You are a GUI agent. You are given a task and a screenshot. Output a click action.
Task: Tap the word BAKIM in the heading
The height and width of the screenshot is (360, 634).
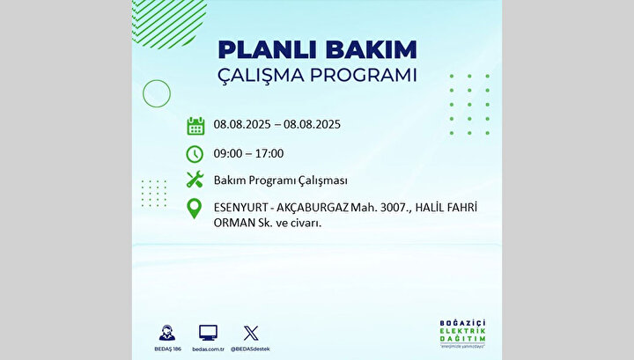(x=372, y=50)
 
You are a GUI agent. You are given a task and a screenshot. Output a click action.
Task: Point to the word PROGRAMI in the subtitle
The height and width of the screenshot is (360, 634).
(x=363, y=75)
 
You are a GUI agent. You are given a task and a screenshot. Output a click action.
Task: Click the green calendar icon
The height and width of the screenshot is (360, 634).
(x=195, y=126)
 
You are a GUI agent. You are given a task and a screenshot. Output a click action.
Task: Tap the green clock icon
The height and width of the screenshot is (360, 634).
(x=195, y=154)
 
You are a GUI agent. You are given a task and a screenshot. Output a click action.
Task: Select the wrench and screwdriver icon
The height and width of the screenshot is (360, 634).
(x=195, y=180)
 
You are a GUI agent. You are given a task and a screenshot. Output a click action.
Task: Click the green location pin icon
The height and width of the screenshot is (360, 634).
(x=195, y=209)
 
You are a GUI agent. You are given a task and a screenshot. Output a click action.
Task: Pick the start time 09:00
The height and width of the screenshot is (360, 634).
(x=228, y=153)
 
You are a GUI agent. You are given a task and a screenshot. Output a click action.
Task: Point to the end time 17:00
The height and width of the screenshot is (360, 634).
(x=269, y=153)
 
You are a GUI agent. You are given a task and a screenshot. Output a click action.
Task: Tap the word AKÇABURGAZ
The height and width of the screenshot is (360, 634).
(x=312, y=208)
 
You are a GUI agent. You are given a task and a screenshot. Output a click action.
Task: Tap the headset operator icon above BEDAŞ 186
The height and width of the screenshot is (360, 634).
(x=167, y=333)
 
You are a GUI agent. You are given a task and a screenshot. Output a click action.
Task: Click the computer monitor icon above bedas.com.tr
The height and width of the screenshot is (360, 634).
(x=208, y=333)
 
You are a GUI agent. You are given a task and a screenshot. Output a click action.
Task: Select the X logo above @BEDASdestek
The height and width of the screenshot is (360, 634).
(x=251, y=333)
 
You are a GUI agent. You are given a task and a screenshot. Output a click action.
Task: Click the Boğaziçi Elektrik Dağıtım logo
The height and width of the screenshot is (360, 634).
(x=462, y=334)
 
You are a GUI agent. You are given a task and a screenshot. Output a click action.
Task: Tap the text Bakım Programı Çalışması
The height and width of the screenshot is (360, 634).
(x=281, y=180)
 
